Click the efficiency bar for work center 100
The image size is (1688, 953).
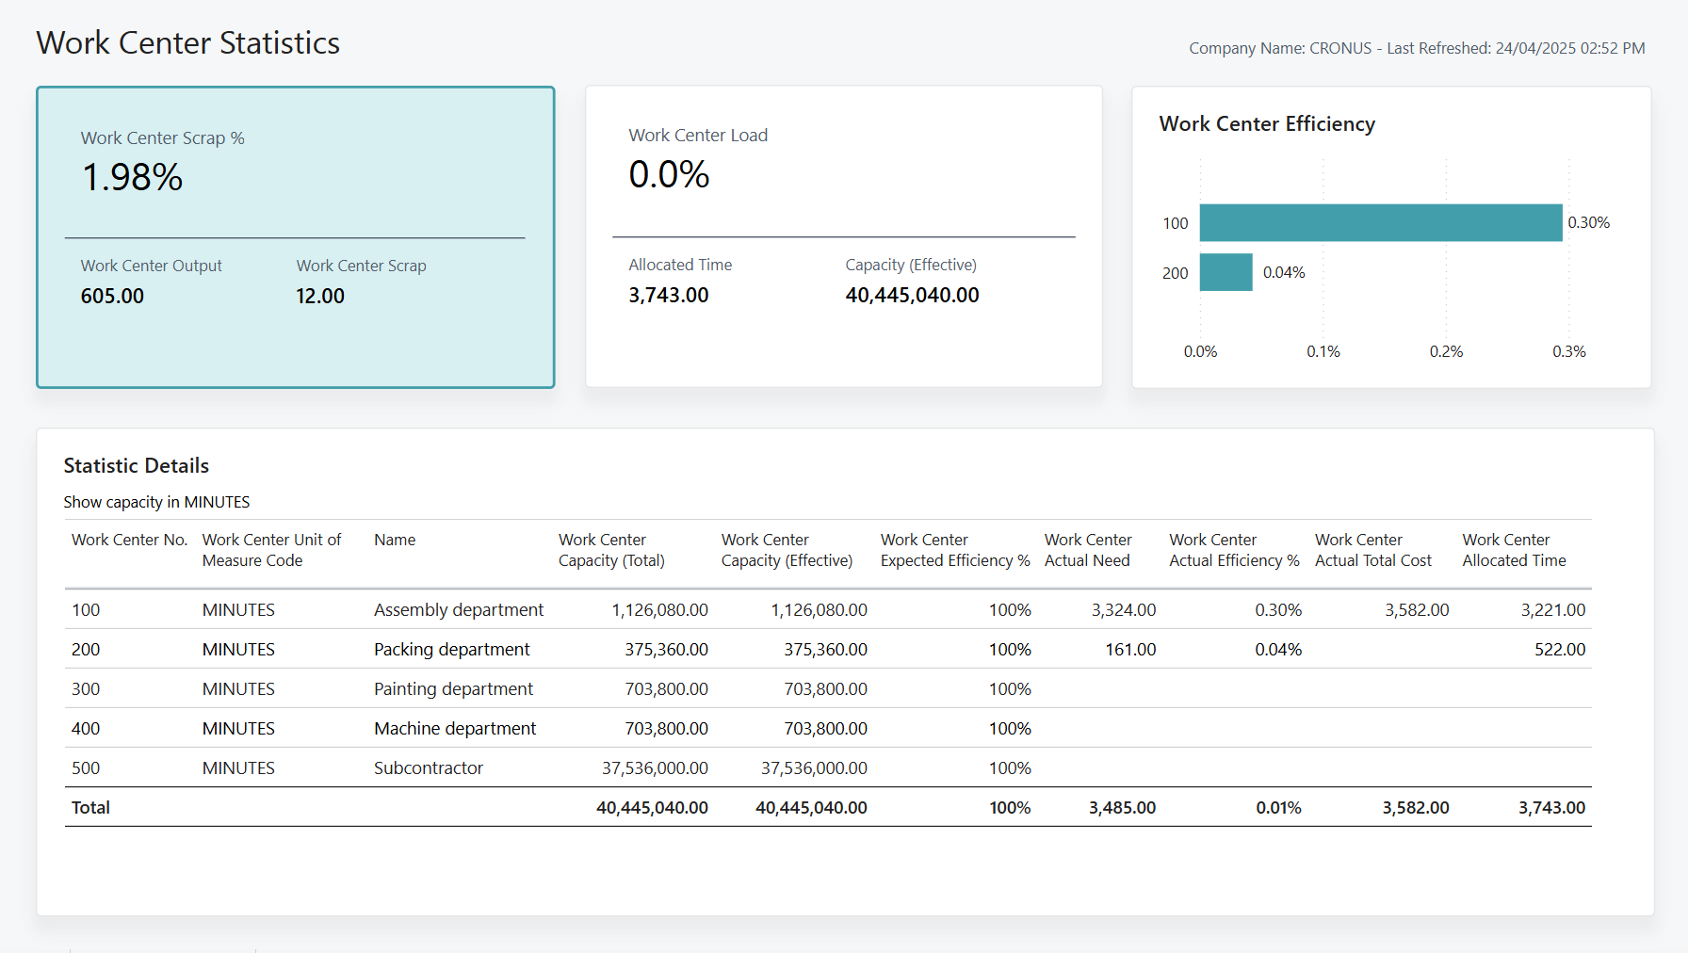pos(1380,223)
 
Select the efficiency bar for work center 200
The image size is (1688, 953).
pos(1225,272)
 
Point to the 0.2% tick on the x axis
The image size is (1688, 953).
pos(1446,351)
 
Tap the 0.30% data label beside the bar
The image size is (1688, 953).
pos(1588,223)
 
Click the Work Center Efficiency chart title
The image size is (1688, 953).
pos(1266,124)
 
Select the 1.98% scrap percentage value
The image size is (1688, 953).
pos(133,178)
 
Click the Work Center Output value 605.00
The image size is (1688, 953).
pos(112,296)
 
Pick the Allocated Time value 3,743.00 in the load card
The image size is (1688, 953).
pos(668,295)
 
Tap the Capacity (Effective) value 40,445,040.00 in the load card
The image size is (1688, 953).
pos(912,295)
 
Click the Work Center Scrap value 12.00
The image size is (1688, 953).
pos(320,296)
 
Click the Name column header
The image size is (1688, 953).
pos(395,540)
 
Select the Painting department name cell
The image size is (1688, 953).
pos(453,689)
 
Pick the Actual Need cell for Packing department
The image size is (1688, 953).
pos(1129,650)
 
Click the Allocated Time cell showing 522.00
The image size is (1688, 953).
pos(1559,650)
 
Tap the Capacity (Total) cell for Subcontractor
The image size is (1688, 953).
pos(655,768)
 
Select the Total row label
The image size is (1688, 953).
pos(90,808)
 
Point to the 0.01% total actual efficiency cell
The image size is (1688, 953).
pos(1277,808)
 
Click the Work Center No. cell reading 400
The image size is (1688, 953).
pos(86,729)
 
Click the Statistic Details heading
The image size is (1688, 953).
pos(137,465)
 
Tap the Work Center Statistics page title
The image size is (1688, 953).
pos(187,43)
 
